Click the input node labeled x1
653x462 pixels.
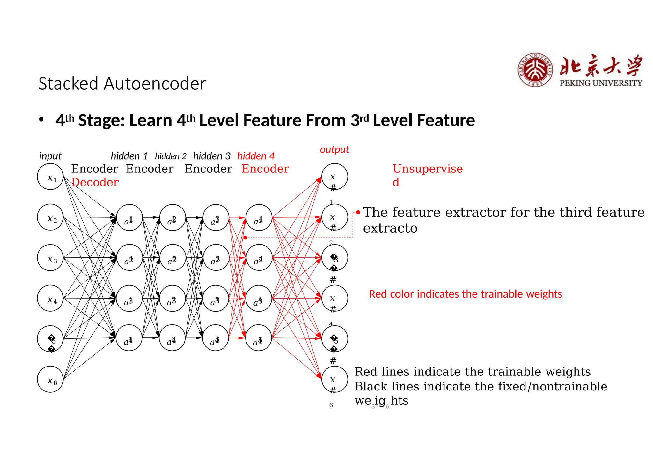pos(50,177)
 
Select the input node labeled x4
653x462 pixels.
pos(50,298)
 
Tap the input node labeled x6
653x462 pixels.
pos(50,379)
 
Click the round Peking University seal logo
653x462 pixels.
pos(535,70)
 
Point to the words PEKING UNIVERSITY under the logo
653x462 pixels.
pos(601,83)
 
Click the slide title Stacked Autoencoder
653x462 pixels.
pos(122,84)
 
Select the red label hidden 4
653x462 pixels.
pos(256,156)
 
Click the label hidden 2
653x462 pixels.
pos(171,156)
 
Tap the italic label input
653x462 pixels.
pos(50,156)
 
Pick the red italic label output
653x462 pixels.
pos(334,149)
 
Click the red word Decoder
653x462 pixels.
pos(95,182)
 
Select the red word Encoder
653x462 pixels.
pos(265,169)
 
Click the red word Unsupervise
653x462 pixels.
pos(427,169)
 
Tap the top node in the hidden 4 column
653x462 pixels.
pos(259,218)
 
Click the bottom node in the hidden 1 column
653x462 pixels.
pos(129,338)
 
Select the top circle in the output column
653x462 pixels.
pos(334,177)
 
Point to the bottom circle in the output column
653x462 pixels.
pos(334,379)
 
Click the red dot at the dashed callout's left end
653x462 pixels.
pos(245,238)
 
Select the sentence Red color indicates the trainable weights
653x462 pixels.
pos(465,294)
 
